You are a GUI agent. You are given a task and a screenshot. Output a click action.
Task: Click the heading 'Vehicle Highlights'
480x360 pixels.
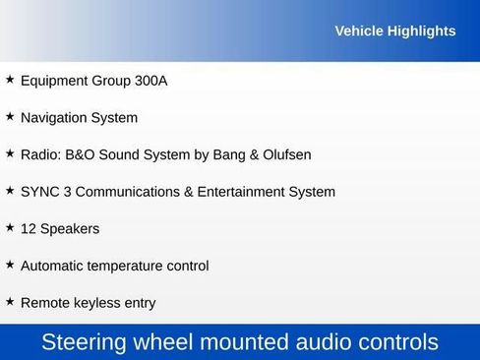pyautogui.click(x=394, y=31)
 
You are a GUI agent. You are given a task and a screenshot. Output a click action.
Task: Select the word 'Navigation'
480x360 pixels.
pyautogui.click(x=54, y=118)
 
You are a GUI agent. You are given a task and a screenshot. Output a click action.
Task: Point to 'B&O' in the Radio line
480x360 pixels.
pyautogui.click(x=81, y=154)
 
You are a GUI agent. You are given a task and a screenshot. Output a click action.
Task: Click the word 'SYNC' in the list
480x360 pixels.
pyautogui.click(x=39, y=192)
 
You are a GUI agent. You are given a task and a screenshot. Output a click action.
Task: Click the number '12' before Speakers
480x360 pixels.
pyautogui.click(x=29, y=229)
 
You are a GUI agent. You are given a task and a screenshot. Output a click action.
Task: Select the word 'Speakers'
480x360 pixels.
pyautogui.click(x=70, y=229)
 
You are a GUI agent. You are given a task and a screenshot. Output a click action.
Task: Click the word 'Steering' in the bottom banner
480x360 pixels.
pyautogui.click(x=86, y=342)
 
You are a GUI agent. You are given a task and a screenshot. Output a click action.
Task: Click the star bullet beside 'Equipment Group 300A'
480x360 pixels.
pyautogui.click(x=10, y=79)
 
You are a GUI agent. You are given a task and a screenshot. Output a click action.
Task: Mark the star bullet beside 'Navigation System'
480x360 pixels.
pyautogui.click(x=10, y=116)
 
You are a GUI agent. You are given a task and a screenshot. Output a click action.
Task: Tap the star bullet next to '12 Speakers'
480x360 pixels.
pyautogui.click(x=10, y=227)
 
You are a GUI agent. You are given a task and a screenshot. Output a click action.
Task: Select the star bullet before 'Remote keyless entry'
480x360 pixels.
pyautogui.click(x=10, y=301)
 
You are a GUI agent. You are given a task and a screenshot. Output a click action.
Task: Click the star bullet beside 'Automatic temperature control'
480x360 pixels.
pyautogui.click(x=10, y=264)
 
